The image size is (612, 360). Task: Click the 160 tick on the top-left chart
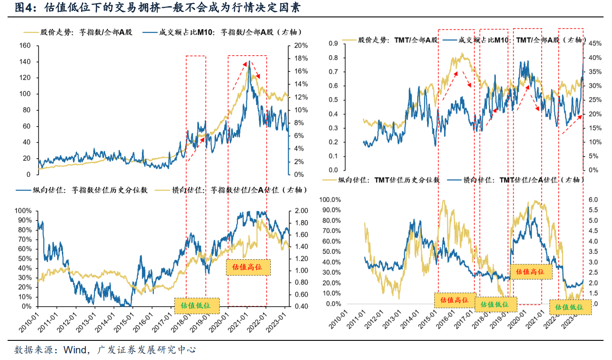24,46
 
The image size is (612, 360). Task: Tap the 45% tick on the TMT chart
595,44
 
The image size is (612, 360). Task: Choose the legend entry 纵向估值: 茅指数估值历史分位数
85,190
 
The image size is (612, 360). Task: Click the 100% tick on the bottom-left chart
24,211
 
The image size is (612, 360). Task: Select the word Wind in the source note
76,350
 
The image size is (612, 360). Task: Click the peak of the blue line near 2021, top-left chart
249,61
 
